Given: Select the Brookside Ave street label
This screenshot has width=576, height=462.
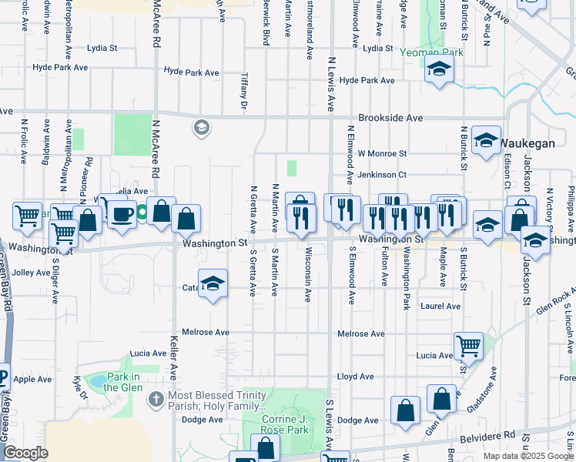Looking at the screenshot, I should click(x=393, y=119).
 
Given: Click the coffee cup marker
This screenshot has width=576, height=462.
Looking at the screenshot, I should click(x=121, y=214).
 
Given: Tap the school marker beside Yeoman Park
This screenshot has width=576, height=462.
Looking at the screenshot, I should click(x=439, y=70).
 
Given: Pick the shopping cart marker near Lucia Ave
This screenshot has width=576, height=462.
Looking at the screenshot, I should click(x=468, y=347).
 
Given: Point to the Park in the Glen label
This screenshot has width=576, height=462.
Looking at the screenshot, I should click(x=123, y=382).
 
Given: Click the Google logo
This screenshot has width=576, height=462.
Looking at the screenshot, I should click(x=25, y=453).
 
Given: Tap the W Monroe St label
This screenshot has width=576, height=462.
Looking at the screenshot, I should click(x=382, y=154).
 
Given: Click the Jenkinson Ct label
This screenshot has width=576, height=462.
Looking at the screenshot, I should click(x=382, y=175).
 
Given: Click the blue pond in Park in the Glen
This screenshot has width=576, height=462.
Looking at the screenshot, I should click(x=98, y=381).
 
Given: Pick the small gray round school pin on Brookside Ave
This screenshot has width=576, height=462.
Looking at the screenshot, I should click(x=202, y=127).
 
